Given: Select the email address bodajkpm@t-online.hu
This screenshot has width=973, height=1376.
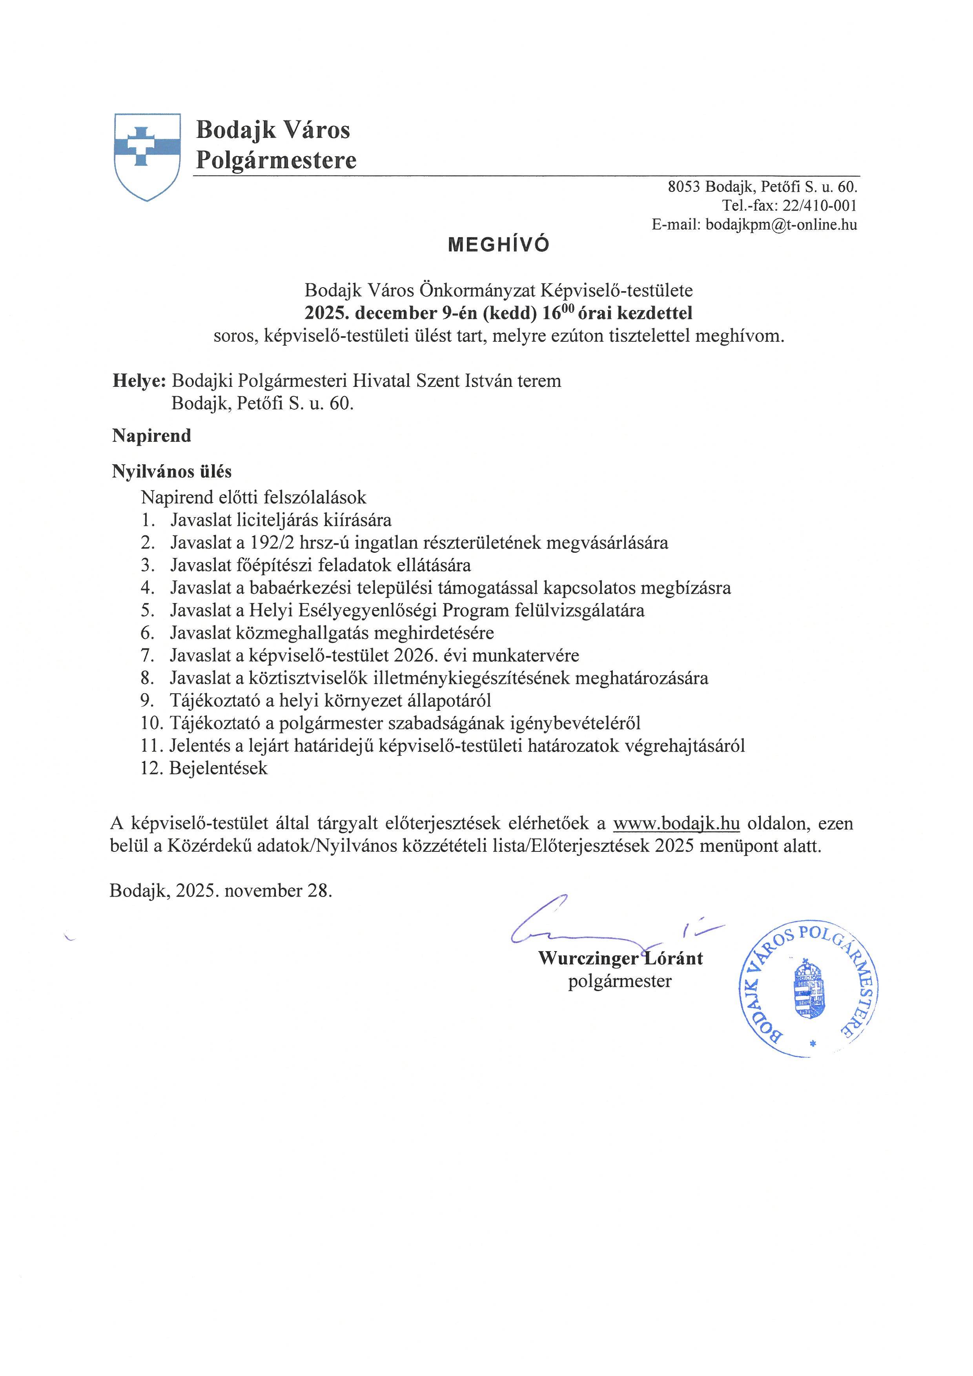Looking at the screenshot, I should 781,225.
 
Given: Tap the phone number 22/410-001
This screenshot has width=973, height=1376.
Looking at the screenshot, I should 820,206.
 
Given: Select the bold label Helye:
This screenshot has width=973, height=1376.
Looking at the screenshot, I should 139,381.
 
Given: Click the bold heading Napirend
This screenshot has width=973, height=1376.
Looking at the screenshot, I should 151,436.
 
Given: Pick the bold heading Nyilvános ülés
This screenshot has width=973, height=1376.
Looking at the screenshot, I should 171,472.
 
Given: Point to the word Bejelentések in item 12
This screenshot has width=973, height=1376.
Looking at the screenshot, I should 219,768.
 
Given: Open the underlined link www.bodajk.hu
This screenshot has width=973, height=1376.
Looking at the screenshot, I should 676,824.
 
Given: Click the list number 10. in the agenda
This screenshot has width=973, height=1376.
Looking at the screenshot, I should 152,724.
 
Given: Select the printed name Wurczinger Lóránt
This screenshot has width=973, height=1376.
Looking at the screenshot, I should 620,958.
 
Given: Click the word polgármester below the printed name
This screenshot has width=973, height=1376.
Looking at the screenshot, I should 620,981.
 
